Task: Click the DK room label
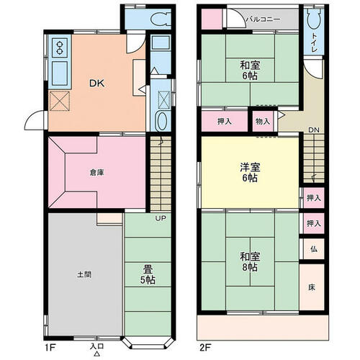click(97, 84)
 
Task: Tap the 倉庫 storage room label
click(96, 172)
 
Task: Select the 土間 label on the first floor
click(84, 274)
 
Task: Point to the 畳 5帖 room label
click(148, 275)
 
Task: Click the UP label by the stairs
click(161, 218)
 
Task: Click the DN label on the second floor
click(314, 130)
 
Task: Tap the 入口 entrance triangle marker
click(97, 354)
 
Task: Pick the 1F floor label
click(50, 348)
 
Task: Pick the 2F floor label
click(205, 348)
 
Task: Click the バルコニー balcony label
click(264, 19)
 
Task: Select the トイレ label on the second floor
click(314, 42)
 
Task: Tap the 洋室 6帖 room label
click(250, 172)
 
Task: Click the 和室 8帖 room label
click(250, 261)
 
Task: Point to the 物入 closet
click(263, 122)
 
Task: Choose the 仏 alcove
click(314, 249)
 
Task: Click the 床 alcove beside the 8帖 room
click(312, 287)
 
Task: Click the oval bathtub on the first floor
click(162, 121)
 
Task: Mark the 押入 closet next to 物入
click(225, 122)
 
